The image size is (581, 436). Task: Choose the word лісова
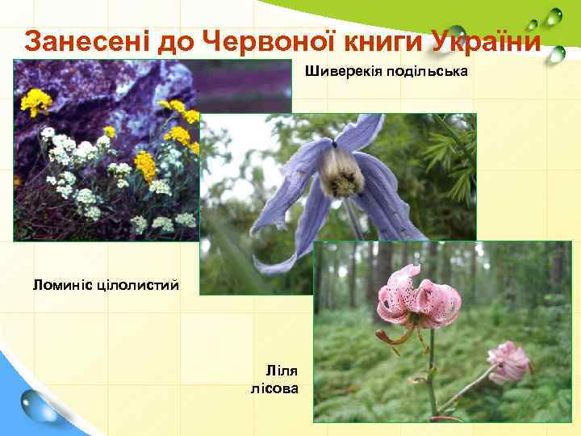click(x=275, y=389)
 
